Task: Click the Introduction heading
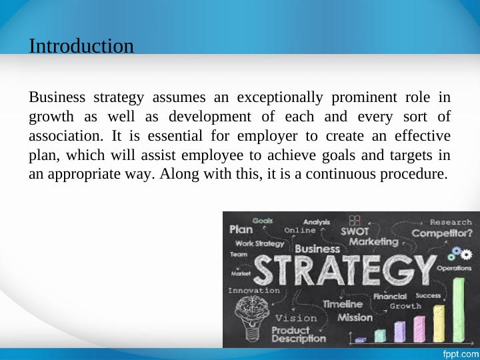(81, 46)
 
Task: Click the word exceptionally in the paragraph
(280, 97)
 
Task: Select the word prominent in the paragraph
(364, 97)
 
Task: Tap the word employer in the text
(267, 136)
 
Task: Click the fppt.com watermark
(461, 354)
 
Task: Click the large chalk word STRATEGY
(345, 270)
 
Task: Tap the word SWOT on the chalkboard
(355, 231)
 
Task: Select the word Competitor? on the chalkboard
(442, 233)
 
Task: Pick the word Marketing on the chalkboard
(374, 242)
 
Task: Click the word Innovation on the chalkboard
(254, 291)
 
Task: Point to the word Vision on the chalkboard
(296, 319)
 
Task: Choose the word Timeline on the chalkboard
(343, 304)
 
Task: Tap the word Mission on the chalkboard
(355, 317)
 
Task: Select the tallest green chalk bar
(459, 310)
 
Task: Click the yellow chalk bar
(439, 323)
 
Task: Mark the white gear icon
(466, 255)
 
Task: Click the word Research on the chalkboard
(451, 222)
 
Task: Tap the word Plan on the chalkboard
(241, 229)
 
